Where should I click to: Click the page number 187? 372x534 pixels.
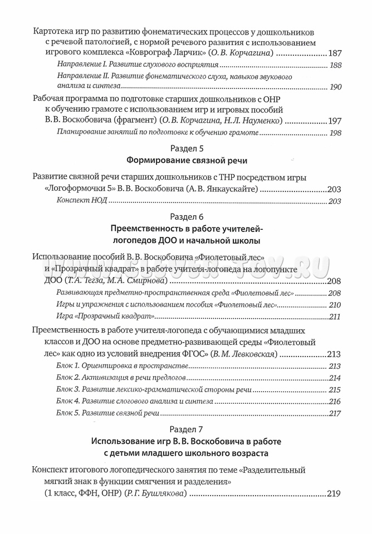tap(334, 53)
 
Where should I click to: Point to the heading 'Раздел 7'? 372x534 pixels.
tap(186, 429)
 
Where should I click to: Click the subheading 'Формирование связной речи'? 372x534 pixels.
tap(186, 161)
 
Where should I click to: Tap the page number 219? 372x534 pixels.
tap(334, 493)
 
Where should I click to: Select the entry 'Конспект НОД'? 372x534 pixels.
tap(81, 201)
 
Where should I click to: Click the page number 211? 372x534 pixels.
tap(335, 317)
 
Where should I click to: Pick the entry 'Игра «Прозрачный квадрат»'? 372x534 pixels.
tap(105, 317)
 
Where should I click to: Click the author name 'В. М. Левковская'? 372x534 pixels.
tap(244, 354)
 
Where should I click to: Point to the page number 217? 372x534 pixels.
tap(335, 413)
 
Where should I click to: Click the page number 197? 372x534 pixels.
tap(334, 121)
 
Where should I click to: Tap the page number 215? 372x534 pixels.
tap(335, 390)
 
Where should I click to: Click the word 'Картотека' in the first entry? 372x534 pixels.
tap(53, 32)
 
